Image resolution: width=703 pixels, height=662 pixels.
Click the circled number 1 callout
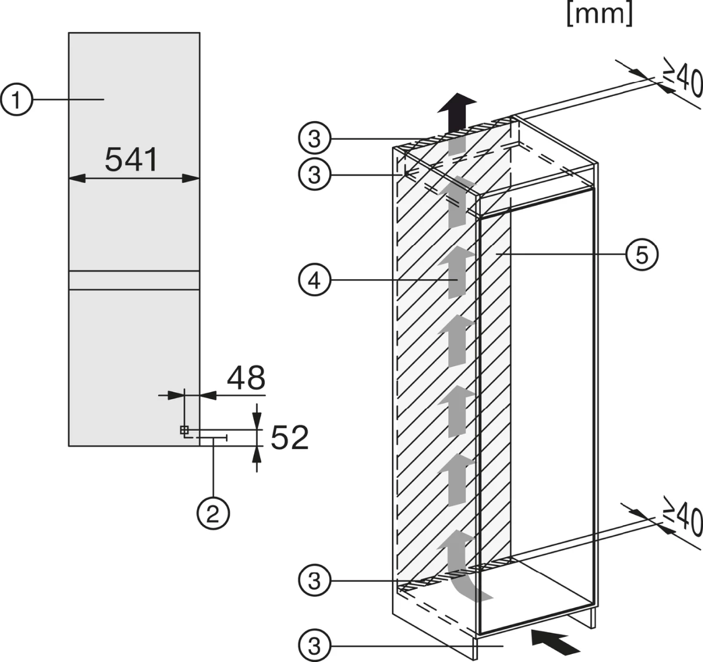coord(16,100)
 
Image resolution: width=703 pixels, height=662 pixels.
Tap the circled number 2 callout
coord(213,513)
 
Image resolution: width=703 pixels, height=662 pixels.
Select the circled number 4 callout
coord(315,280)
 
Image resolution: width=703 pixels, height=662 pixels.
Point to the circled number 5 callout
coord(641,254)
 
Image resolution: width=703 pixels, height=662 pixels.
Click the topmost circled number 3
coord(315,139)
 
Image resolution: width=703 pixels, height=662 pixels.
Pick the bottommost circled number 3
coord(315,646)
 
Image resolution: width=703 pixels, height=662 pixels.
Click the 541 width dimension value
coord(131,160)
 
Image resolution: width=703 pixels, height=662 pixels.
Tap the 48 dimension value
coord(246,378)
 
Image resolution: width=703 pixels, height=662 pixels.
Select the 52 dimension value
coord(289,438)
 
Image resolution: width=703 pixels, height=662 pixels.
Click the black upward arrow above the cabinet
coord(457,112)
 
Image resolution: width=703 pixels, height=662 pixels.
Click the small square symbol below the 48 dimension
coord(184,430)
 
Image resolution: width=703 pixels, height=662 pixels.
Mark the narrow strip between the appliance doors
coord(134,280)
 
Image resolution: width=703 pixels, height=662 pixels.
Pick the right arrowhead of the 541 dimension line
coord(191,179)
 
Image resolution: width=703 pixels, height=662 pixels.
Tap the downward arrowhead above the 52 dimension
coord(257,421)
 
